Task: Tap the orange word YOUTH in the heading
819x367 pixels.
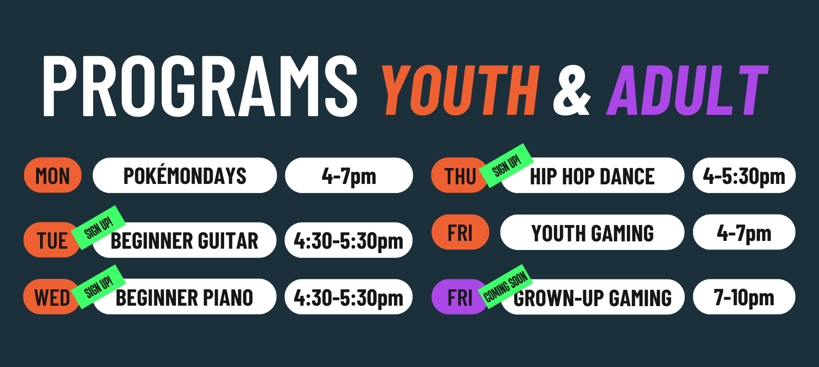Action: (460, 90)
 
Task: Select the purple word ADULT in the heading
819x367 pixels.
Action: (688, 90)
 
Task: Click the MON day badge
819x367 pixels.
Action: (53, 175)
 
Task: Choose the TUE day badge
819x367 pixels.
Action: (52, 240)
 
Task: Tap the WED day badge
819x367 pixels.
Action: (52, 297)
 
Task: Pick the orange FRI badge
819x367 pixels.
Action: (460, 232)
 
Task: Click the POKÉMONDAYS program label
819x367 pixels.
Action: (185, 175)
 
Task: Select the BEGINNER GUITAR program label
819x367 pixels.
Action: (184, 240)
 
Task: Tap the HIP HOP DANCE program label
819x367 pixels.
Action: (592, 175)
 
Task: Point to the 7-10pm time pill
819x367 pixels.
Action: (744, 297)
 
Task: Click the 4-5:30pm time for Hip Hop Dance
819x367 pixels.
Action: (744, 175)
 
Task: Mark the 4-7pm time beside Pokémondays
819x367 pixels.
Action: (349, 175)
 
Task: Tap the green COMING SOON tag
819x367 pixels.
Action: (506, 287)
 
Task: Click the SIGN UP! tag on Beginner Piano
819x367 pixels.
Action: (99, 287)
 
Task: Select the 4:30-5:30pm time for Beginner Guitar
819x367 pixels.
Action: (349, 240)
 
